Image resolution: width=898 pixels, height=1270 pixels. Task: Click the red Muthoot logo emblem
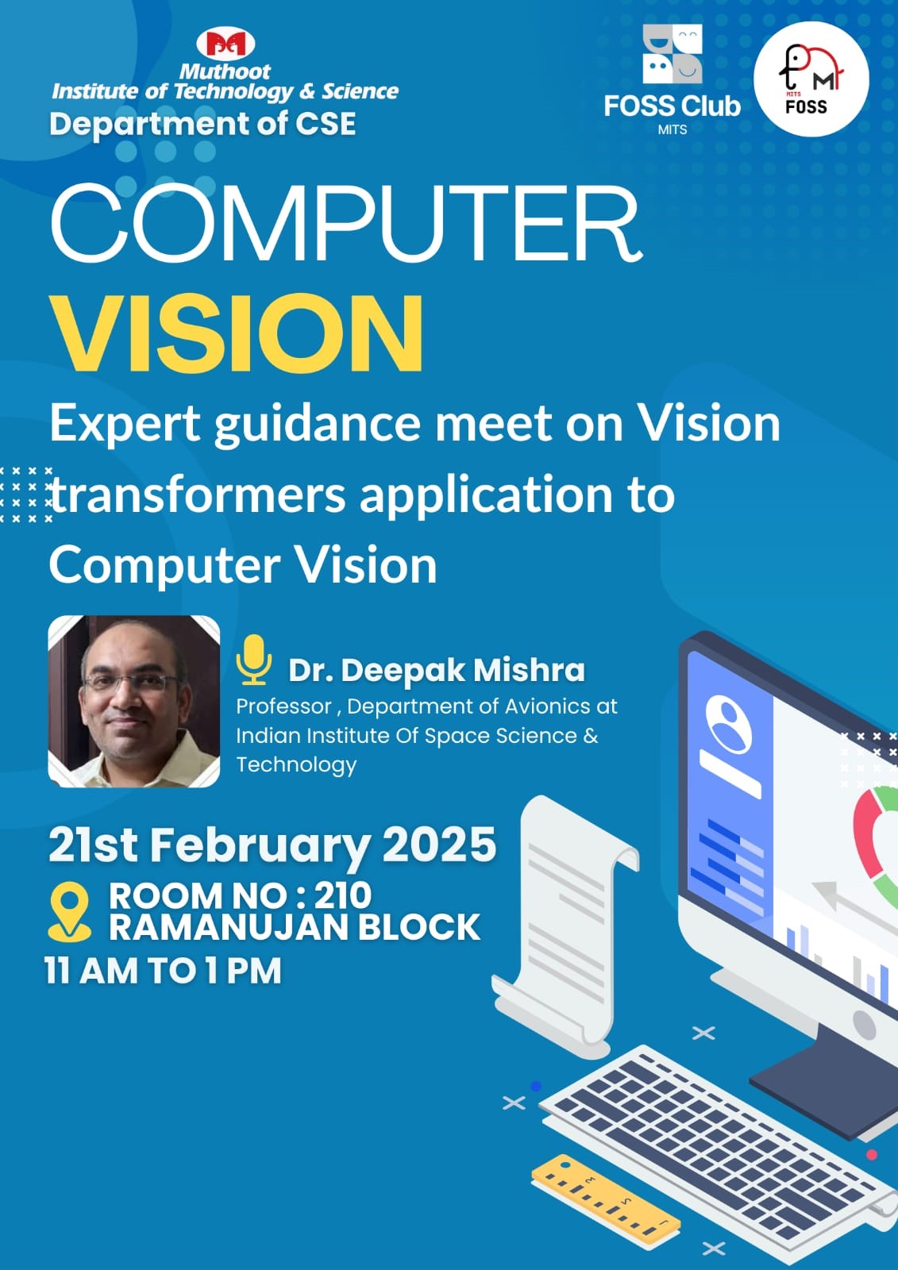(x=225, y=44)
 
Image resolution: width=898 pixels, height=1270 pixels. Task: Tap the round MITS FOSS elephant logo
(x=811, y=79)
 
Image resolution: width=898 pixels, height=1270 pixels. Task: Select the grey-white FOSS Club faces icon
(x=673, y=54)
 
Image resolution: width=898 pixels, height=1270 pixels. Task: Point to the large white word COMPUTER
(x=346, y=223)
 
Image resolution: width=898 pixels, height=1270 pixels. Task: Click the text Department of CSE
(x=202, y=124)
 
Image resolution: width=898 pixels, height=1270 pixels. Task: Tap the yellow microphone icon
(x=253, y=660)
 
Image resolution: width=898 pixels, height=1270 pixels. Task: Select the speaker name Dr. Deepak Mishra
(x=436, y=670)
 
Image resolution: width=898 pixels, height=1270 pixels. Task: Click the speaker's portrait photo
(x=134, y=702)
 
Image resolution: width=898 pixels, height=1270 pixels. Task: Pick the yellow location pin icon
(x=69, y=913)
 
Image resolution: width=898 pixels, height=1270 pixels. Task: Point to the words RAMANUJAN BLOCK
(x=295, y=928)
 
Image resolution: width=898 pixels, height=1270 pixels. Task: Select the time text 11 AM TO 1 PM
(x=163, y=971)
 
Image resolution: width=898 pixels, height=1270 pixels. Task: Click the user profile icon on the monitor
(x=728, y=726)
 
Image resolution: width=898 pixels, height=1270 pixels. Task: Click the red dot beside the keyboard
(x=872, y=1155)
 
